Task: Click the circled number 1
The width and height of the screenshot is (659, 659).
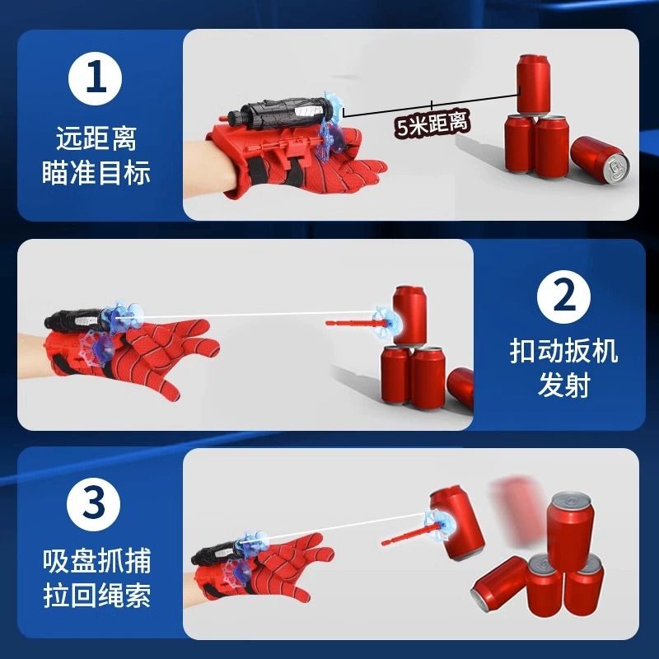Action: coord(95,78)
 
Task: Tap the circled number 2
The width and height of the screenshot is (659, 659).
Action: coord(563,297)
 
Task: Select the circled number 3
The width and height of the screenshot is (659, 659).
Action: coord(94,503)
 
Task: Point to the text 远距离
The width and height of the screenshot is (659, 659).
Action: coord(96,138)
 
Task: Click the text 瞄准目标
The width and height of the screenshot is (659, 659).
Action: coord(96,172)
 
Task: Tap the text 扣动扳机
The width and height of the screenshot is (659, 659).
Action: coord(563,351)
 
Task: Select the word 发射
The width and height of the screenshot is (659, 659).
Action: coord(563,385)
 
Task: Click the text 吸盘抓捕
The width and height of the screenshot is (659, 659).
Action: coord(96,561)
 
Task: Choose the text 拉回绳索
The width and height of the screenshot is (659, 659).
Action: coord(96,595)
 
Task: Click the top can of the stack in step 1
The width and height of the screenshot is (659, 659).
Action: coord(533,85)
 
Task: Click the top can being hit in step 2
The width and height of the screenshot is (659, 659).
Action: coord(409,315)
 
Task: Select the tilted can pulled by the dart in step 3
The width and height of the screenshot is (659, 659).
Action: coord(457,522)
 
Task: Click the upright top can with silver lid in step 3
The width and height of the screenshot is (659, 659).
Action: coord(571,530)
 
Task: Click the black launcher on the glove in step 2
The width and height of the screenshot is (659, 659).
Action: coord(76,320)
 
